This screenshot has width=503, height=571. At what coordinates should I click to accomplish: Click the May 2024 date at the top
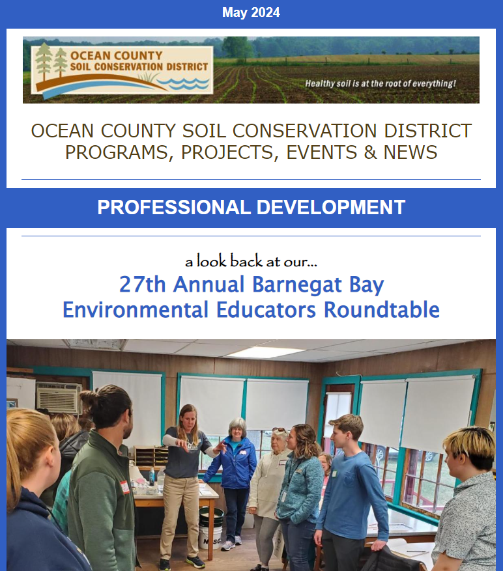[251, 12]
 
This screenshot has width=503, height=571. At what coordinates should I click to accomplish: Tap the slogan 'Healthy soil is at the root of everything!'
[381, 83]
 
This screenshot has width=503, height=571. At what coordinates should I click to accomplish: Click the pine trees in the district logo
[51, 62]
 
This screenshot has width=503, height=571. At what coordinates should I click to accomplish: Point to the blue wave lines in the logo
[184, 83]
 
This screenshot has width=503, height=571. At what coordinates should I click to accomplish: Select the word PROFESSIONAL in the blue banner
[174, 207]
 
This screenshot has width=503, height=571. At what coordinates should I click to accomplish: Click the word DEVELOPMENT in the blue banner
[331, 207]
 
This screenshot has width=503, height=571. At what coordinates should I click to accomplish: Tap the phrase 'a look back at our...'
[251, 261]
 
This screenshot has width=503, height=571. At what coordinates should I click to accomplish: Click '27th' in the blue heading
[142, 285]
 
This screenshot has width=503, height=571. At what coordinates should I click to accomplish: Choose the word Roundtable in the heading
[382, 310]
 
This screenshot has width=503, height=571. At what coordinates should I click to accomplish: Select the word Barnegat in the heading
[297, 285]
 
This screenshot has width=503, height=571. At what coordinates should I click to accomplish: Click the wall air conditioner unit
[59, 397]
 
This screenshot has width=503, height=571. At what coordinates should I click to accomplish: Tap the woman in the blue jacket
[232, 478]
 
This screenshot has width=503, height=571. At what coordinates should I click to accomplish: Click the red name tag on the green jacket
[125, 487]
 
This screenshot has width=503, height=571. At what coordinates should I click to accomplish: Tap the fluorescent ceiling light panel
[265, 352]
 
